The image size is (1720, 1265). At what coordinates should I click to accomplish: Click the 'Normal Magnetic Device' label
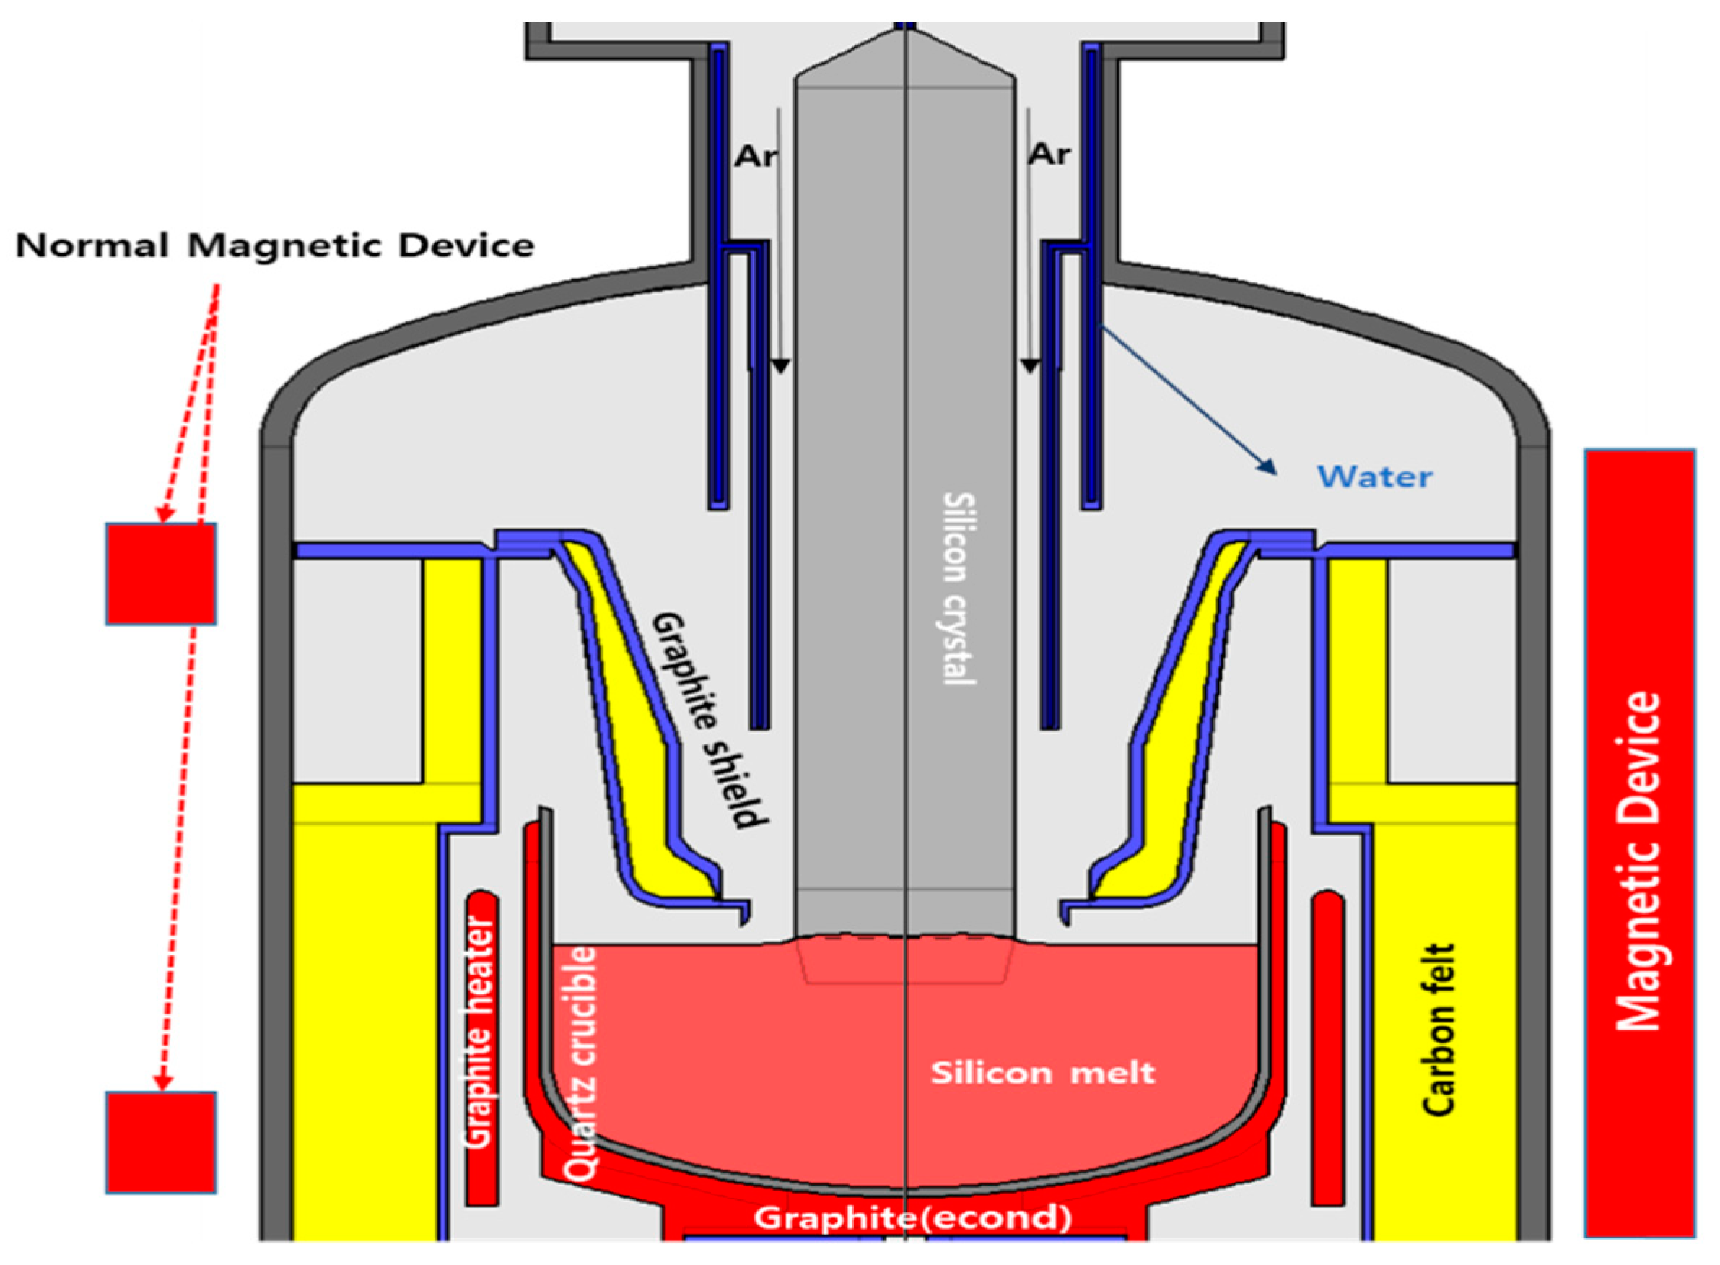[274, 246]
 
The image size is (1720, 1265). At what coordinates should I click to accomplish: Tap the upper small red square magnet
[161, 573]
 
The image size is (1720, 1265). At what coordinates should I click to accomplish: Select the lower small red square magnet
[161, 1142]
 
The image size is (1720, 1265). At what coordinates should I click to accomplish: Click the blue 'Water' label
[1374, 477]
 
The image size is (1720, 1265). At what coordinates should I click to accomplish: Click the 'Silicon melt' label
[1042, 1072]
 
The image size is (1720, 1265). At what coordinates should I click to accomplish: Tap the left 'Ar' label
[755, 156]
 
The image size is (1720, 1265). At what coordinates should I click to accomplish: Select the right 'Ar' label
[1048, 154]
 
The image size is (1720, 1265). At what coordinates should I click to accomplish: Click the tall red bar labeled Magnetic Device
[1640, 843]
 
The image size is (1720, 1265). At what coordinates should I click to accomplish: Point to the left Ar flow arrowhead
[780, 367]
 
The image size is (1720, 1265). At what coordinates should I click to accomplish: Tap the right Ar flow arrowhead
[1030, 367]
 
